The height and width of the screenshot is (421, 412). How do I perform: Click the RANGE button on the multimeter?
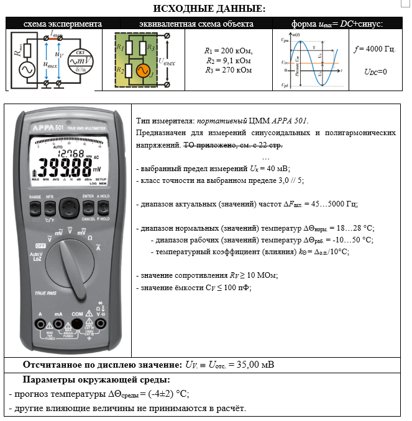(34, 205)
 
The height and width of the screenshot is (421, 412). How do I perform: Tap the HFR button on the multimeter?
(49, 205)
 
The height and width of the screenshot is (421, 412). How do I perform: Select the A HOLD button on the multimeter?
(104, 205)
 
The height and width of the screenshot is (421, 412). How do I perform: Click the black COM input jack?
(77, 326)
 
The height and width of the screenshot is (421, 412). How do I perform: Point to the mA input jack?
(58, 326)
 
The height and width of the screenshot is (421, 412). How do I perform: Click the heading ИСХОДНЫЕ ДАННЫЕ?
(205, 9)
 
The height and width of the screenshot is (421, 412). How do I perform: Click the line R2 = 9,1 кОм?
(229, 61)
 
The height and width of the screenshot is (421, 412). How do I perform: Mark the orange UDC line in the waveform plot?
(311, 63)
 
